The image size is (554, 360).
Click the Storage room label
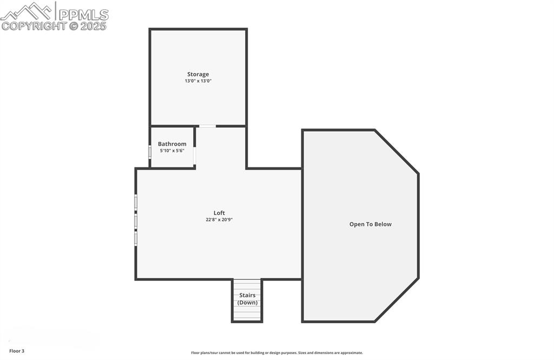[198, 74]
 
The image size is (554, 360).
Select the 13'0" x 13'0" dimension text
[198, 81]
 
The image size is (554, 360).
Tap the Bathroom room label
[172, 144]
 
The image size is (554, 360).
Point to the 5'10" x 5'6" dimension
[172, 150]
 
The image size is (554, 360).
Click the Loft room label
[219, 213]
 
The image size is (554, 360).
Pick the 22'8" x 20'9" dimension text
[219, 220]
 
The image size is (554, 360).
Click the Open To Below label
[370, 224]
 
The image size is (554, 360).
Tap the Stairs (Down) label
[247, 299]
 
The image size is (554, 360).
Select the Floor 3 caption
[17, 351]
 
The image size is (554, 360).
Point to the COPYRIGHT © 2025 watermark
[54, 26]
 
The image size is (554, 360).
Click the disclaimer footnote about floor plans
[276, 352]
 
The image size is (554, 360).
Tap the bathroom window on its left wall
[150, 152]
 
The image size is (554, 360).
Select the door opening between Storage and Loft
[207, 126]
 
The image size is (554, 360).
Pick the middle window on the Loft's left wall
[136, 221]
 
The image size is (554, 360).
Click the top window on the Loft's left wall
[136, 203]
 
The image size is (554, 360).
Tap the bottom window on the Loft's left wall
[136, 238]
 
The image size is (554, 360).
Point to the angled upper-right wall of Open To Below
[397, 152]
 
